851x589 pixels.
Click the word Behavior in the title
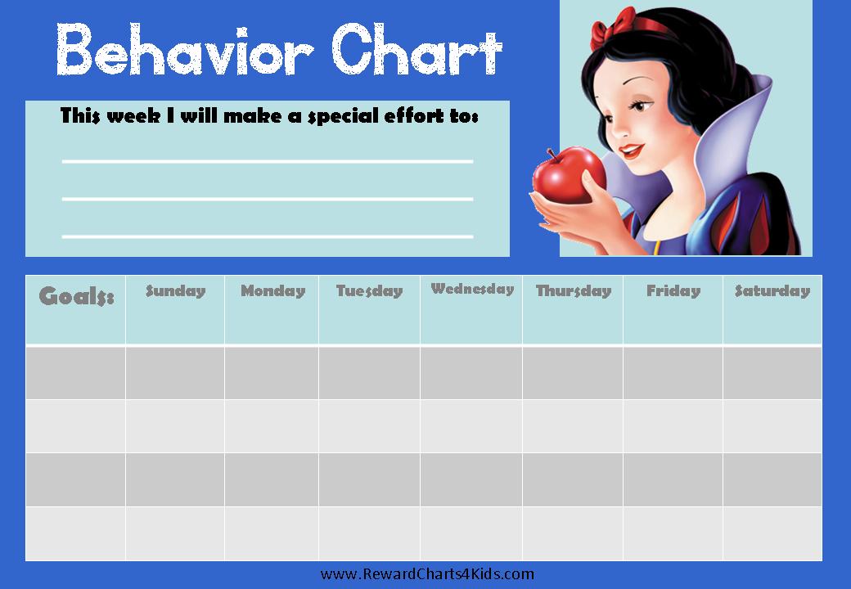point(185,49)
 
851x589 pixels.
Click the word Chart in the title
point(416,49)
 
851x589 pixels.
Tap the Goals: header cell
point(75,310)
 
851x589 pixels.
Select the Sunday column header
point(175,310)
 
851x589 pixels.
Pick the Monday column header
point(272,310)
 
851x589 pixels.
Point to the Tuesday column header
point(370,310)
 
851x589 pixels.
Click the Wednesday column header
point(471,310)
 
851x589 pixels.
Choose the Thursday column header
point(573,310)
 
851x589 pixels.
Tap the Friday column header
point(673,310)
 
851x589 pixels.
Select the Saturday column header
point(772,310)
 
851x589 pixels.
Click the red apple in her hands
point(568,175)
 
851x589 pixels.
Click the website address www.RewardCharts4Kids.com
point(427,573)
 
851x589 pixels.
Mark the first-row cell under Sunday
point(175,373)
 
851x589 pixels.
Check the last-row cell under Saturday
point(772,533)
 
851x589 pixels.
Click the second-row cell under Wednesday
point(471,426)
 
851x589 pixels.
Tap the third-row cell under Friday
point(673,480)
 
